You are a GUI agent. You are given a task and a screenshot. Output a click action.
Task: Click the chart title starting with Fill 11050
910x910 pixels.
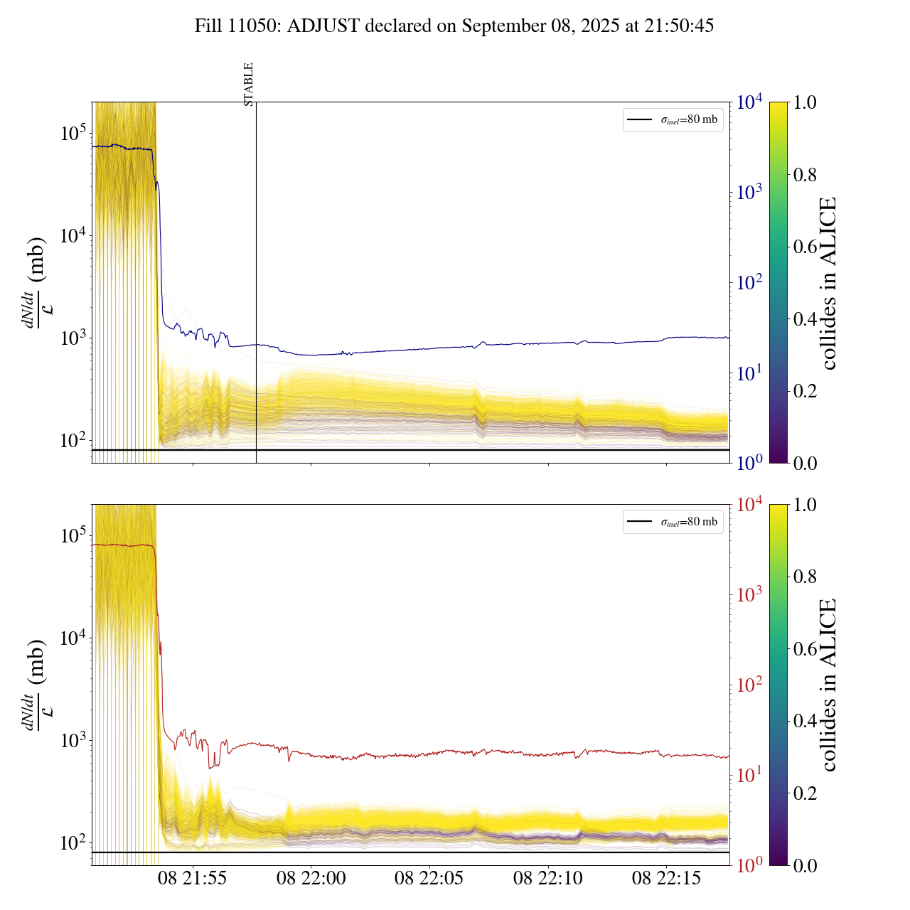pyautogui.click(x=454, y=26)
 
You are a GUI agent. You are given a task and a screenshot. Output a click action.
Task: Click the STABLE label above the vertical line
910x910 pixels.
pyautogui.click(x=249, y=85)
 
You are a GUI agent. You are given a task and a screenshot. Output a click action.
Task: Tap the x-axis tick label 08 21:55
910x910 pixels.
pyautogui.click(x=192, y=879)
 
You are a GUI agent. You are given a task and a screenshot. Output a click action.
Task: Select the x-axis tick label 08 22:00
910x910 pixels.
pyautogui.click(x=311, y=879)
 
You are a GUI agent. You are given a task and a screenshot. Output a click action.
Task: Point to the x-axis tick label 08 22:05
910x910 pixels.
pyautogui.click(x=429, y=879)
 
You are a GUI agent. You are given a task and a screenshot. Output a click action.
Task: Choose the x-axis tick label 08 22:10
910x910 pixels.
pyautogui.click(x=547, y=879)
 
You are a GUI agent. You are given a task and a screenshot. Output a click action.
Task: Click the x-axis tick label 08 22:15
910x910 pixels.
pyautogui.click(x=666, y=879)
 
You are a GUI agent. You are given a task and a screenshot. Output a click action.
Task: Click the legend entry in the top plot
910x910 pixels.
pyautogui.click(x=673, y=120)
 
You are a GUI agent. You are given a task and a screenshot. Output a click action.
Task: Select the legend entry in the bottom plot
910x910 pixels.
pyautogui.click(x=673, y=522)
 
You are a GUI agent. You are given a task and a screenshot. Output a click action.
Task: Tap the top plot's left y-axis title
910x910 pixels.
pyautogui.click(x=35, y=283)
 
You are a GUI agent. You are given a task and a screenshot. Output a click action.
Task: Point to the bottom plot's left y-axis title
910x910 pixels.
pyautogui.click(x=35, y=685)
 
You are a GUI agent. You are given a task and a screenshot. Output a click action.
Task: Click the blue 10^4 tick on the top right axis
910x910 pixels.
pyautogui.click(x=749, y=102)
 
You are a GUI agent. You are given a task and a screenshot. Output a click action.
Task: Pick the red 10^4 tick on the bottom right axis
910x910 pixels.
pyautogui.click(x=749, y=504)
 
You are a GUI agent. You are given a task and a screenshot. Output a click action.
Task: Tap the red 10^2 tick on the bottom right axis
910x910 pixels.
pyautogui.click(x=749, y=685)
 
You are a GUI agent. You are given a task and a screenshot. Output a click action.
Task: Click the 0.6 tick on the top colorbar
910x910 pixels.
pyautogui.click(x=805, y=247)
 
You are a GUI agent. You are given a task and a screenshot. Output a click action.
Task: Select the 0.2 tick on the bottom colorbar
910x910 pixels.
pyautogui.click(x=805, y=793)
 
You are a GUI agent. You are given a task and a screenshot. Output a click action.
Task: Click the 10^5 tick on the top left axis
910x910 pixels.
pyautogui.click(x=74, y=133)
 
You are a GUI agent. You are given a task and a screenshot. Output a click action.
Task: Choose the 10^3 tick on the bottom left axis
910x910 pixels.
pyautogui.click(x=74, y=740)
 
